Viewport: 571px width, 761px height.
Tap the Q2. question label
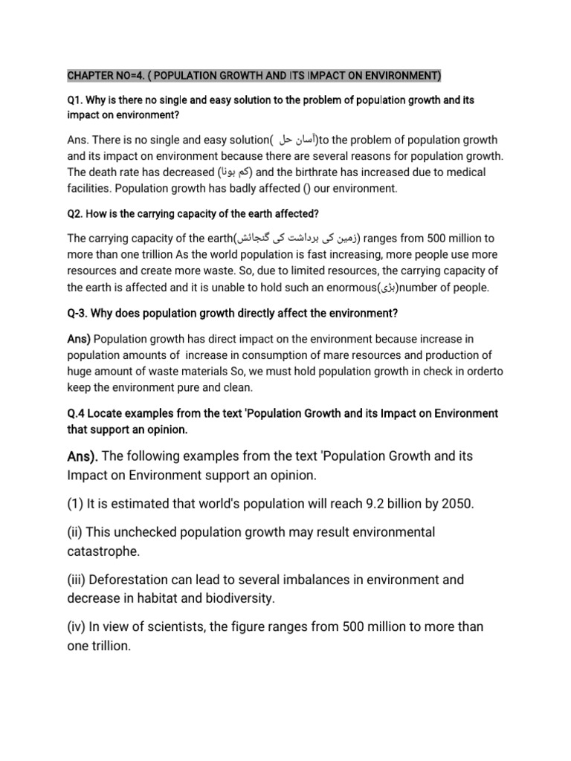pyautogui.click(x=77, y=214)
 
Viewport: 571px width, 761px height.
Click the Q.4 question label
pyautogui.click(x=78, y=413)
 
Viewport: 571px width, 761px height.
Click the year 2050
pyautogui.click(x=455, y=505)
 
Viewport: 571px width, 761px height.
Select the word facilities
pyautogui.click(x=88, y=189)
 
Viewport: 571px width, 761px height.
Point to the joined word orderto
pyautogui.click(x=466, y=372)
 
